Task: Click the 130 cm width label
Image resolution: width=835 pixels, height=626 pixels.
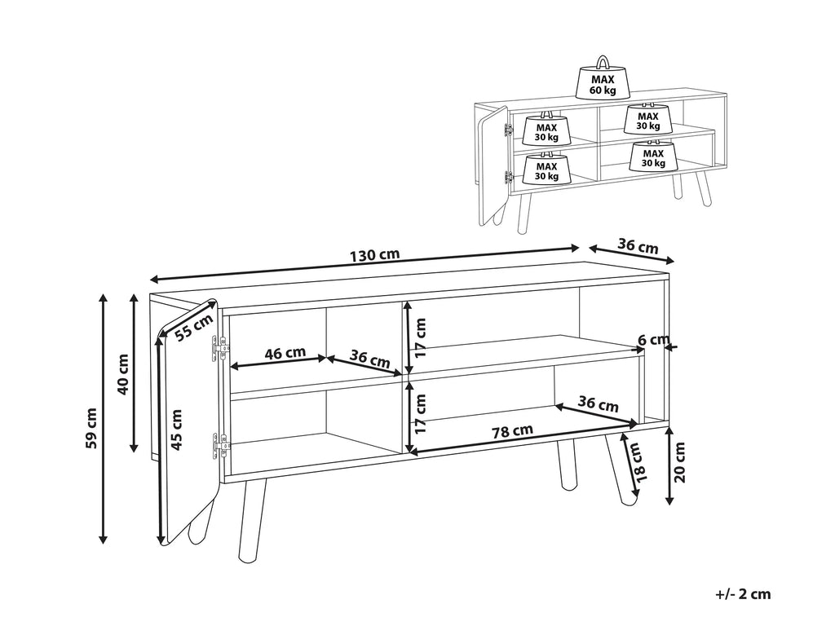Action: [x=374, y=255]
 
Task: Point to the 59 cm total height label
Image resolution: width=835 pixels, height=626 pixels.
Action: [x=91, y=427]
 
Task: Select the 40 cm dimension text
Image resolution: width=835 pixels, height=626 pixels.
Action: [x=122, y=373]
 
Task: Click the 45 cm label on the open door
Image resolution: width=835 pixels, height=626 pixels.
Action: [x=177, y=430]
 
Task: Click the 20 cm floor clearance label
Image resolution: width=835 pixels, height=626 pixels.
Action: [x=680, y=463]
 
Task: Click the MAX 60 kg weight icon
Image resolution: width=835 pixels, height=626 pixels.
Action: [x=603, y=79]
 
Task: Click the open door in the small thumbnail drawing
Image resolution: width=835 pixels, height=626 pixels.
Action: [x=493, y=164]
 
